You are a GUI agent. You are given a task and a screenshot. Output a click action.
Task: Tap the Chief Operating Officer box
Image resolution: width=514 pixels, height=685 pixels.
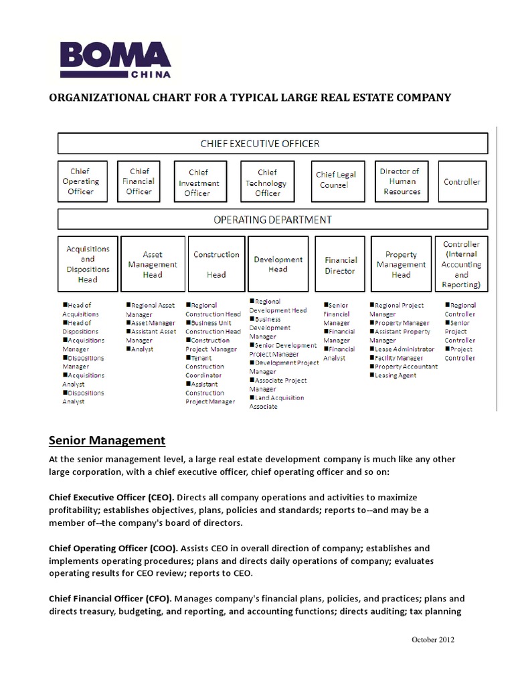pyautogui.click(x=81, y=181)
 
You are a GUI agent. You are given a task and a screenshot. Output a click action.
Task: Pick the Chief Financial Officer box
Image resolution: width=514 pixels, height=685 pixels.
pyautogui.click(x=139, y=181)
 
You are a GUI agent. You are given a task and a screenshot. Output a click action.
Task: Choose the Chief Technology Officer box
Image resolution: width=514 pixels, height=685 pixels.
pyautogui.click(x=267, y=182)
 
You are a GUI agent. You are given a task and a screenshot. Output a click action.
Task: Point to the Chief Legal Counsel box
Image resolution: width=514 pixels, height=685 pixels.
pyautogui.click(x=336, y=180)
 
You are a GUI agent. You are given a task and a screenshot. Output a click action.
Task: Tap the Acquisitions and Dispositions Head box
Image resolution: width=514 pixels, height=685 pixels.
pyautogui.click(x=88, y=264)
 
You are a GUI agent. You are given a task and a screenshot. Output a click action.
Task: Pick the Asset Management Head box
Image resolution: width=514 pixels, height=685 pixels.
pyautogui.click(x=153, y=264)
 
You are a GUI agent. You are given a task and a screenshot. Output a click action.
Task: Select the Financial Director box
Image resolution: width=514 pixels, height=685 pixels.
pyautogui.click(x=341, y=265)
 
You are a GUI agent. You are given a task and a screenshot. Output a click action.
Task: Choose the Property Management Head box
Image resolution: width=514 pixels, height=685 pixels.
pyautogui.click(x=401, y=264)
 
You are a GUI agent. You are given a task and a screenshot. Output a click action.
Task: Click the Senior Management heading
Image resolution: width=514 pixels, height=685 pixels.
pyautogui.click(x=107, y=440)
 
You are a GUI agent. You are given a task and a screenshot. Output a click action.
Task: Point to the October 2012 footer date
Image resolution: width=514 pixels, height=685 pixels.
pyautogui.click(x=432, y=640)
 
